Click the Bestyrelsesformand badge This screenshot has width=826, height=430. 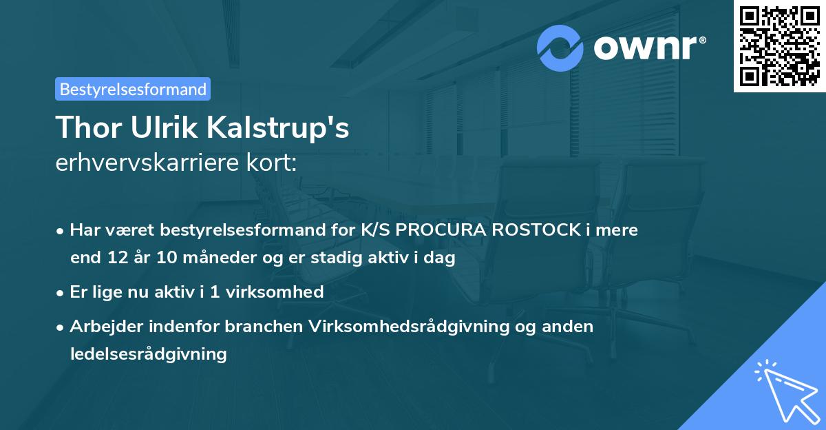[132, 89]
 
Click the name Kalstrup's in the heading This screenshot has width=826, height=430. [273, 127]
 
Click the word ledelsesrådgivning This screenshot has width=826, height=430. [148, 354]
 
